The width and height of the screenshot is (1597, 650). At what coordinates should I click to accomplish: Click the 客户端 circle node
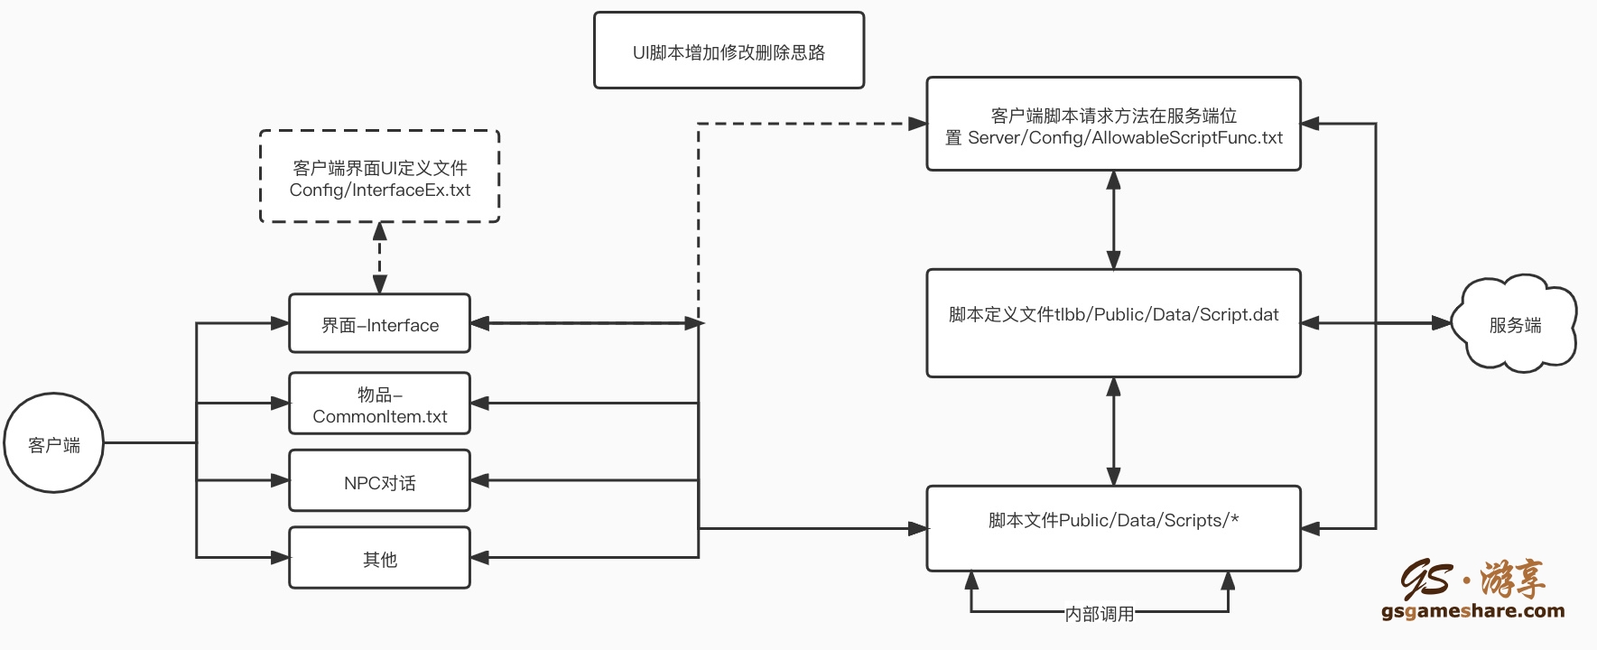pos(54,443)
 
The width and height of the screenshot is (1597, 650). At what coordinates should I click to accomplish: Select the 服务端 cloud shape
pos(1515,324)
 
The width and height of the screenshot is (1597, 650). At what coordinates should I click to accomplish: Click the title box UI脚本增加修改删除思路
pos(729,51)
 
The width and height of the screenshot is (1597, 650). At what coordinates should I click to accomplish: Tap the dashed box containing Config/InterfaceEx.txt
pos(379,177)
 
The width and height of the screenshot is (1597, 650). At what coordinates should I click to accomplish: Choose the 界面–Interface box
pos(379,323)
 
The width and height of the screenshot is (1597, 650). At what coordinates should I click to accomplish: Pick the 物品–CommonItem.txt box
pos(379,404)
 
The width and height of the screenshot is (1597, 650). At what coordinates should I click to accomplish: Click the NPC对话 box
pos(379,481)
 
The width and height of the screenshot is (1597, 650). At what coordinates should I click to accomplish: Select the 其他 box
pos(379,558)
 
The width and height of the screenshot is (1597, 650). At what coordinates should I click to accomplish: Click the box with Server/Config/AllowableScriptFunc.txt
pos(1113,125)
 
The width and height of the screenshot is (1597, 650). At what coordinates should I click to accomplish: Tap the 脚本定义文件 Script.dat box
pos(1113,323)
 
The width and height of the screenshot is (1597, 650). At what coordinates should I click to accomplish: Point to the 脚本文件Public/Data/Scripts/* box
pos(1113,528)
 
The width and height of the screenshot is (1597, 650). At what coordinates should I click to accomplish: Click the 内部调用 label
pos(1099,614)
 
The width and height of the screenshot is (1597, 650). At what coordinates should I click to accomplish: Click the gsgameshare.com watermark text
pos(1472,611)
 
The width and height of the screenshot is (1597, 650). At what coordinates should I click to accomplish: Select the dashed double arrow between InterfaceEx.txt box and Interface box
pos(380,258)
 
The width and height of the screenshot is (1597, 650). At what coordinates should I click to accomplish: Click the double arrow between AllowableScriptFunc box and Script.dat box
pos(1113,219)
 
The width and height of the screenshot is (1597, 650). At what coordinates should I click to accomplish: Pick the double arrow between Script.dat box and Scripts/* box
pos(1113,432)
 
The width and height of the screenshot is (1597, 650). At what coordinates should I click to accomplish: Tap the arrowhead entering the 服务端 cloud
pos(1441,323)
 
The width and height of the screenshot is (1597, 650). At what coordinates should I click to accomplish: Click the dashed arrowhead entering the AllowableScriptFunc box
pos(917,124)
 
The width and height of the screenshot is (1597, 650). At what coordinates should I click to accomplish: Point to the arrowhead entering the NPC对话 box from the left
pos(280,481)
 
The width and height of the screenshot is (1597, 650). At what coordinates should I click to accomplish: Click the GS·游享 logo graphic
pos(1472,578)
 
